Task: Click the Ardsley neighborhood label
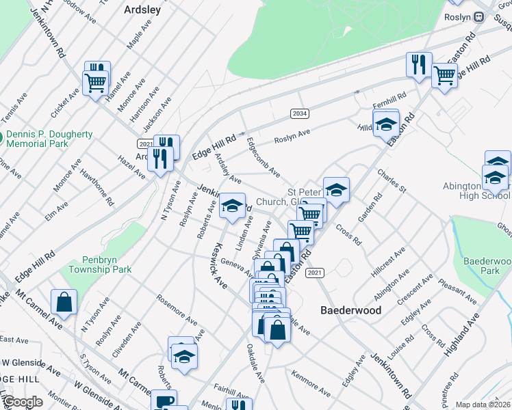142,10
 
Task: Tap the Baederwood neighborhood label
351,310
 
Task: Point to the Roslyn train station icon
479,16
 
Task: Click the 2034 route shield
298,113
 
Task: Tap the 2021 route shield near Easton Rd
314,273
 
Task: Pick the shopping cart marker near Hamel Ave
95,83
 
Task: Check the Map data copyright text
483,405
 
